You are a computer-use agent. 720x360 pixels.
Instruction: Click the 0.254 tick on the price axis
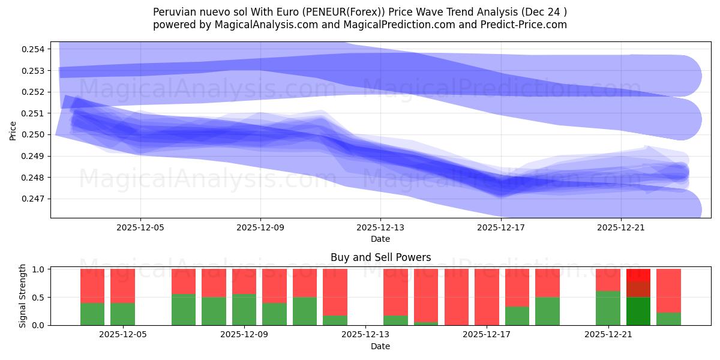[36, 49]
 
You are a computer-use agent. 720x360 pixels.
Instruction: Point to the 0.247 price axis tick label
[36, 199]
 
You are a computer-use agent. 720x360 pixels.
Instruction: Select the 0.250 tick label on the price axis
[36, 134]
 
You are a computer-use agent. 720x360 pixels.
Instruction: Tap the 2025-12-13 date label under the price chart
[380, 228]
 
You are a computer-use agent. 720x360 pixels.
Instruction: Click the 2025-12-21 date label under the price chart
[620, 228]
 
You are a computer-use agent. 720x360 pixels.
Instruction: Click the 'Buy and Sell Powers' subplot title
[380, 257]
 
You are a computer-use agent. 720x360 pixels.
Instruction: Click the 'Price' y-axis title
[13, 130]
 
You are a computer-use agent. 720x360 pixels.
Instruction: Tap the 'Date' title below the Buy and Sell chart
[380, 346]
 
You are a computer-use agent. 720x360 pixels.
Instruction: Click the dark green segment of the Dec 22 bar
[638, 311]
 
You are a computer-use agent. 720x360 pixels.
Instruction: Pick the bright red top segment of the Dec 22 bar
[638, 275]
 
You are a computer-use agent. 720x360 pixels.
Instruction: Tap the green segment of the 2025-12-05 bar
[122, 314]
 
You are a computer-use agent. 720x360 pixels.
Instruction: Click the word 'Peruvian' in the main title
[173, 12]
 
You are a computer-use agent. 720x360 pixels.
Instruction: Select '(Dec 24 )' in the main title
[543, 12]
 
